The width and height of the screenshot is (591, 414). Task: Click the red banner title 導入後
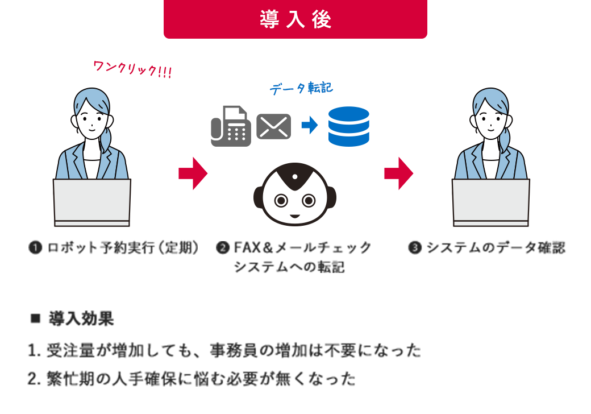pyautogui.click(x=295, y=19)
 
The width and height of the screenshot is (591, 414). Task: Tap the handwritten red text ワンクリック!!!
pyautogui.click(x=132, y=69)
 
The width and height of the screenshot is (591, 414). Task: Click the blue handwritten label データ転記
pyautogui.click(x=301, y=88)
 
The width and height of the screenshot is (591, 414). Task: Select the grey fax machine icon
pyautogui.click(x=231, y=126)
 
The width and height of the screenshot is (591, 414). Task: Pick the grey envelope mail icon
pyautogui.click(x=274, y=126)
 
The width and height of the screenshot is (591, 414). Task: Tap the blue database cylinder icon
pyautogui.click(x=349, y=126)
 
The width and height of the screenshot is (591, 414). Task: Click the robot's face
pyautogui.click(x=295, y=194)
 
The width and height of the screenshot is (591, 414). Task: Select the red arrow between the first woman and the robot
pyautogui.click(x=193, y=173)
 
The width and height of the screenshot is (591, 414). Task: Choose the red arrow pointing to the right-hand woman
pyautogui.click(x=399, y=173)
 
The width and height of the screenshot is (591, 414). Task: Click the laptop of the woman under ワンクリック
pyautogui.click(x=92, y=202)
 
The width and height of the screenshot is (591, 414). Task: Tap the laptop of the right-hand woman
pyautogui.click(x=491, y=202)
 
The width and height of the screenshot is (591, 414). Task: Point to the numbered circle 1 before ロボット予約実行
pyautogui.click(x=35, y=248)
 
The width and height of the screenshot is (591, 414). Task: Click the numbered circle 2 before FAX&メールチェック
pyautogui.click(x=223, y=248)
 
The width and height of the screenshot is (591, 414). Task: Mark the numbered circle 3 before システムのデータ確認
pyautogui.click(x=415, y=248)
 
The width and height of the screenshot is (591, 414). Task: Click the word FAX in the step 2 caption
pyautogui.click(x=248, y=248)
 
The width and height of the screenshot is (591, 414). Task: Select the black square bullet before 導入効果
pyautogui.click(x=35, y=318)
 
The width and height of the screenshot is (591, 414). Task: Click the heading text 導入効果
pyautogui.click(x=81, y=318)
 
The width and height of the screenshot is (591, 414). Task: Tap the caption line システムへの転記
pyautogui.click(x=289, y=267)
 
